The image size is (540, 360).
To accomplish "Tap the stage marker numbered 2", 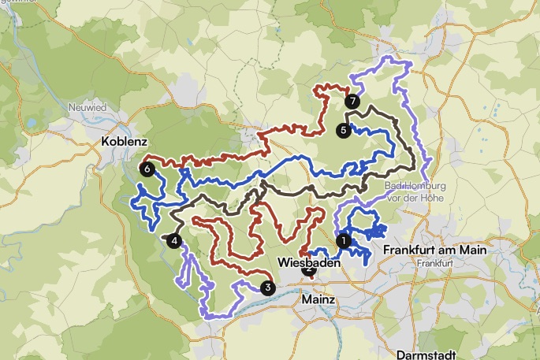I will tap(308, 270).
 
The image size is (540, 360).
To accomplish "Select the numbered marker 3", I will tap(268, 288).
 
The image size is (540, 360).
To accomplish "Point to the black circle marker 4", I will tap(174, 241).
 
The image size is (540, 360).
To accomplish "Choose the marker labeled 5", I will tap(343, 131).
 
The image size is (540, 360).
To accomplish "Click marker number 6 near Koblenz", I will tap(147, 168).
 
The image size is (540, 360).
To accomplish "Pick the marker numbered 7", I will tap(352, 101).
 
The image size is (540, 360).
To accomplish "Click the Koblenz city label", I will tap(125, 143).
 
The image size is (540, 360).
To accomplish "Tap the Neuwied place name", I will tap(87, 108).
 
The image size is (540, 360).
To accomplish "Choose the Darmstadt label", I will tap(423, 354).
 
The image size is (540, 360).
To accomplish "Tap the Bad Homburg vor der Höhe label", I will tap(415, 191).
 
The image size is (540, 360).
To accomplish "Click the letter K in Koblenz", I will tap(106, 143).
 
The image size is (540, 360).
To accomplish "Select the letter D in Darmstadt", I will tap(400, 354).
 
